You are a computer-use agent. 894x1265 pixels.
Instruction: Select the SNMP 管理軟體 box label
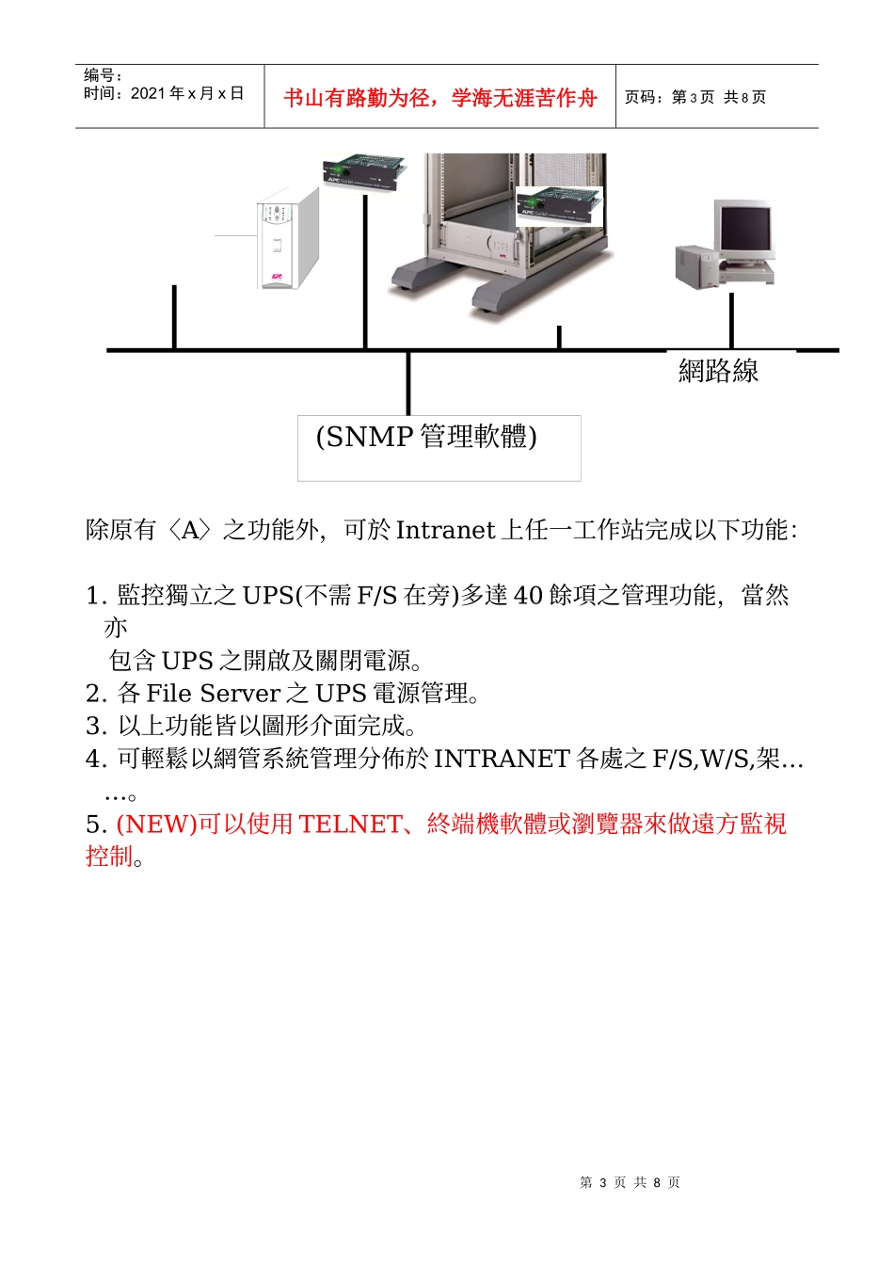point(426,437)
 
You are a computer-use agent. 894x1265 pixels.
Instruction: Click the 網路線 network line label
point(718,371)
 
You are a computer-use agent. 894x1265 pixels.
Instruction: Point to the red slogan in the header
point(439,98)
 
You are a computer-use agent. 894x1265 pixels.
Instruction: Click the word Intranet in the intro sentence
point(445,530)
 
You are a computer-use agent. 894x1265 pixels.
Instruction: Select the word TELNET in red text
point(350,825)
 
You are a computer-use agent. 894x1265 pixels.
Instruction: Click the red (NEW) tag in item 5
point(156,825)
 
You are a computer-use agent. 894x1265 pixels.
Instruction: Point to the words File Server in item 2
point(214,694)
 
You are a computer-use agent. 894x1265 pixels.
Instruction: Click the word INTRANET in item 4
point(502,759)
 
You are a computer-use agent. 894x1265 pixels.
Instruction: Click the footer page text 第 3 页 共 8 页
point(630,1182)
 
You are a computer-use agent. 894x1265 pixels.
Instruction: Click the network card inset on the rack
point(558,205)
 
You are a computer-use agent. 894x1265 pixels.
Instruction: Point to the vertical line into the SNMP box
point(408,382)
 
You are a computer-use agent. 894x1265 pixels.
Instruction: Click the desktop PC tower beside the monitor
point(696,266)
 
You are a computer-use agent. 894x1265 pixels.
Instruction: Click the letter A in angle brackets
point(192,530)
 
